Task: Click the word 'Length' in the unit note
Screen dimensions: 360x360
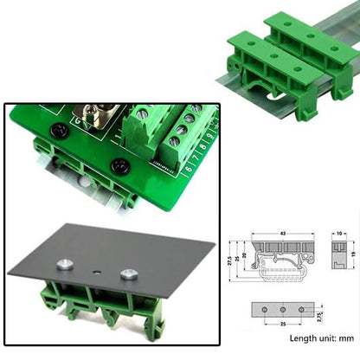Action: pos(304,338)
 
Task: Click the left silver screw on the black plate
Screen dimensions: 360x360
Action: pos(63,265)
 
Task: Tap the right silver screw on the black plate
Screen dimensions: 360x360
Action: pos(129,274)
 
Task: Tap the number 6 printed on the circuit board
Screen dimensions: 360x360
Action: pos(188,169)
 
